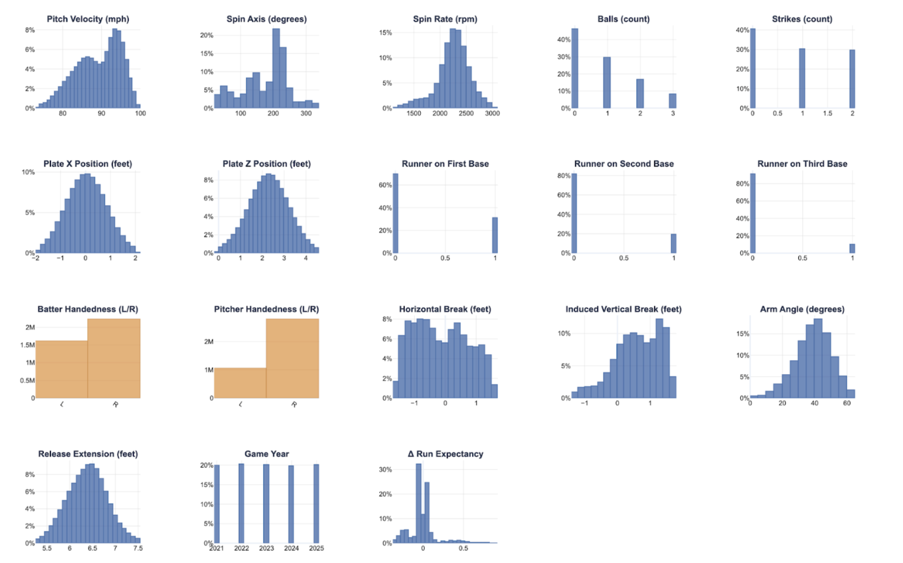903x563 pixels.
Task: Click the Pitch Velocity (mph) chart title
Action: pos(88,19)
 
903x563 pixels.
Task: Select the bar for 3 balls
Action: pos(672,101)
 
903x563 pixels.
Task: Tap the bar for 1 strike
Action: pos(802,78)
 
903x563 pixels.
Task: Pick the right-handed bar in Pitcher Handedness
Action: pos(292,358)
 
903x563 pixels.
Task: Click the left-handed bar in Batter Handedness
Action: pos(61,369)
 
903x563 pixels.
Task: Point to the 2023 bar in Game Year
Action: pos(266,504)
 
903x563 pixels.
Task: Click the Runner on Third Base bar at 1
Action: pos(852,249)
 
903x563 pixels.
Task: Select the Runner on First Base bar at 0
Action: pos(396,214)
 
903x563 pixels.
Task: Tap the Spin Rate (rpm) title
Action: pos(445,19)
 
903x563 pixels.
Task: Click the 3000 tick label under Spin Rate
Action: pos(492,113)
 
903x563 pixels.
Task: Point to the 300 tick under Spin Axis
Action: pos(306,113)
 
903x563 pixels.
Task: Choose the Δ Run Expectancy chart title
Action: pos(445,454)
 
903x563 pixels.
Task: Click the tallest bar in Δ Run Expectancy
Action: pos(419,503)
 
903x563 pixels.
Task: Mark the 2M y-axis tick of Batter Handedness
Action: pos(30,328)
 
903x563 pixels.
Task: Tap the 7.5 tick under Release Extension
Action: pos(138,548)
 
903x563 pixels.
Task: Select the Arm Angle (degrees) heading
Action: pos(802,309)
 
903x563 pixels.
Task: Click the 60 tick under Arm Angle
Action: pos(847,403)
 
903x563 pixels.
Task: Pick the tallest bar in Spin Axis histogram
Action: pos(276,68)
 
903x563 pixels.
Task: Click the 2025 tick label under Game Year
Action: pos(316,548)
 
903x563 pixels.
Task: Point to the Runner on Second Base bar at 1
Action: pos(673,244)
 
